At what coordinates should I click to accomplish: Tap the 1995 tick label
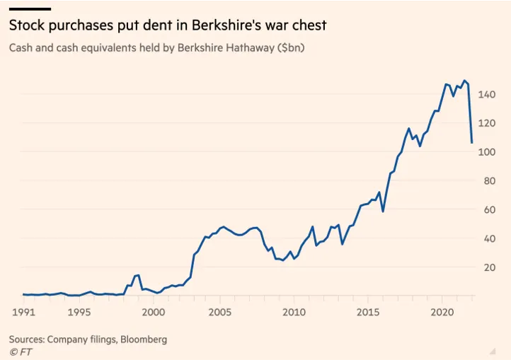(x=79, y=311)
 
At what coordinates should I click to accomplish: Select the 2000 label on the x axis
(x=154, y=311)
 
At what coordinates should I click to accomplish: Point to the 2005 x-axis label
(x=220, y=311)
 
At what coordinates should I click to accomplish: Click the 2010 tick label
(x=294, y=311)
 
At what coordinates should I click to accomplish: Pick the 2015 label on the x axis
(x=368, y=311)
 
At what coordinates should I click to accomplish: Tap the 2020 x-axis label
(x=442, y=311)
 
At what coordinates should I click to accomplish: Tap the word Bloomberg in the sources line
(x=142, y=339)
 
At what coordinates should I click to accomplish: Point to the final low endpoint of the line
(x=471, y=143)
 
